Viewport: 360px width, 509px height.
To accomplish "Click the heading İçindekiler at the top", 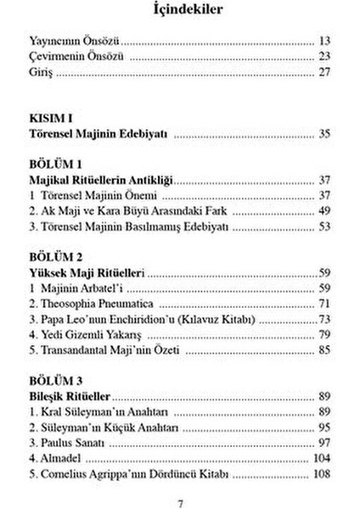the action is click(179, 11).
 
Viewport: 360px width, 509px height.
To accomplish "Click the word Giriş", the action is click(41, 74).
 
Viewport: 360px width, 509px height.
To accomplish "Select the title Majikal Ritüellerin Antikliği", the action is click(101, 180).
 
